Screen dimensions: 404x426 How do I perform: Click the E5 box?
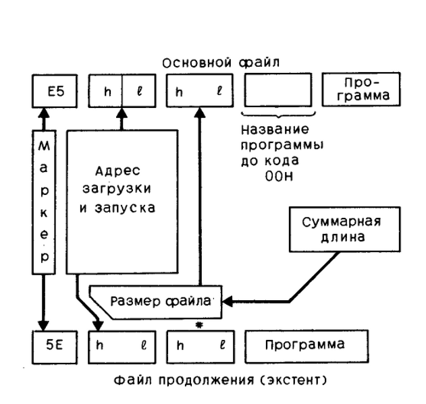coord(56,90)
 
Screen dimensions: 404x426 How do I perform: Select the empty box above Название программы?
coord(277,90)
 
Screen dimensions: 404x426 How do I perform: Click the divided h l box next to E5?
coord(122,90)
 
